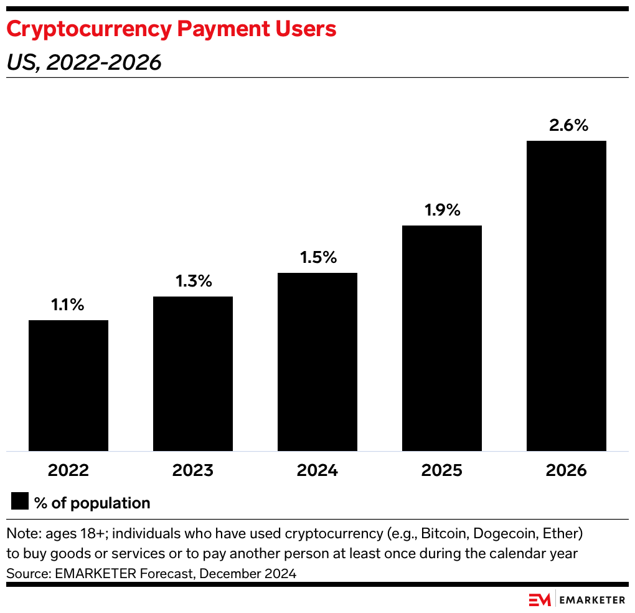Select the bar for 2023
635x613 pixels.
click(x=193, y=373)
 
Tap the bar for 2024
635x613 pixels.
click(x=317, y=361)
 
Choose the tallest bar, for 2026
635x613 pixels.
click(x=567, y=295)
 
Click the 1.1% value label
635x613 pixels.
click(x=68, y=305)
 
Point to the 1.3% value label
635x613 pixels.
click(x=193, y=282)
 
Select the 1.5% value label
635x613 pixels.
click(x=317, y=258)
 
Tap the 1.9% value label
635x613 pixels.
click(x=442, y=211)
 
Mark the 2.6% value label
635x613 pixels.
click(x=568, y=125)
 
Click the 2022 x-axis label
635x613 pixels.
click(x=68, y=470)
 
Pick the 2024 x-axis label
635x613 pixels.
click(x=317, y=470)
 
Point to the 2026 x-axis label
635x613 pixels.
click(x=567, y=470)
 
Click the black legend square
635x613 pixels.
click(x=20, y=502)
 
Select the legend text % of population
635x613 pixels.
click(x=92, y=503)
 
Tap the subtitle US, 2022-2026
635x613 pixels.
click(x=83, y=62)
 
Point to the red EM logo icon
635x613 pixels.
click(x=539, y=599)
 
